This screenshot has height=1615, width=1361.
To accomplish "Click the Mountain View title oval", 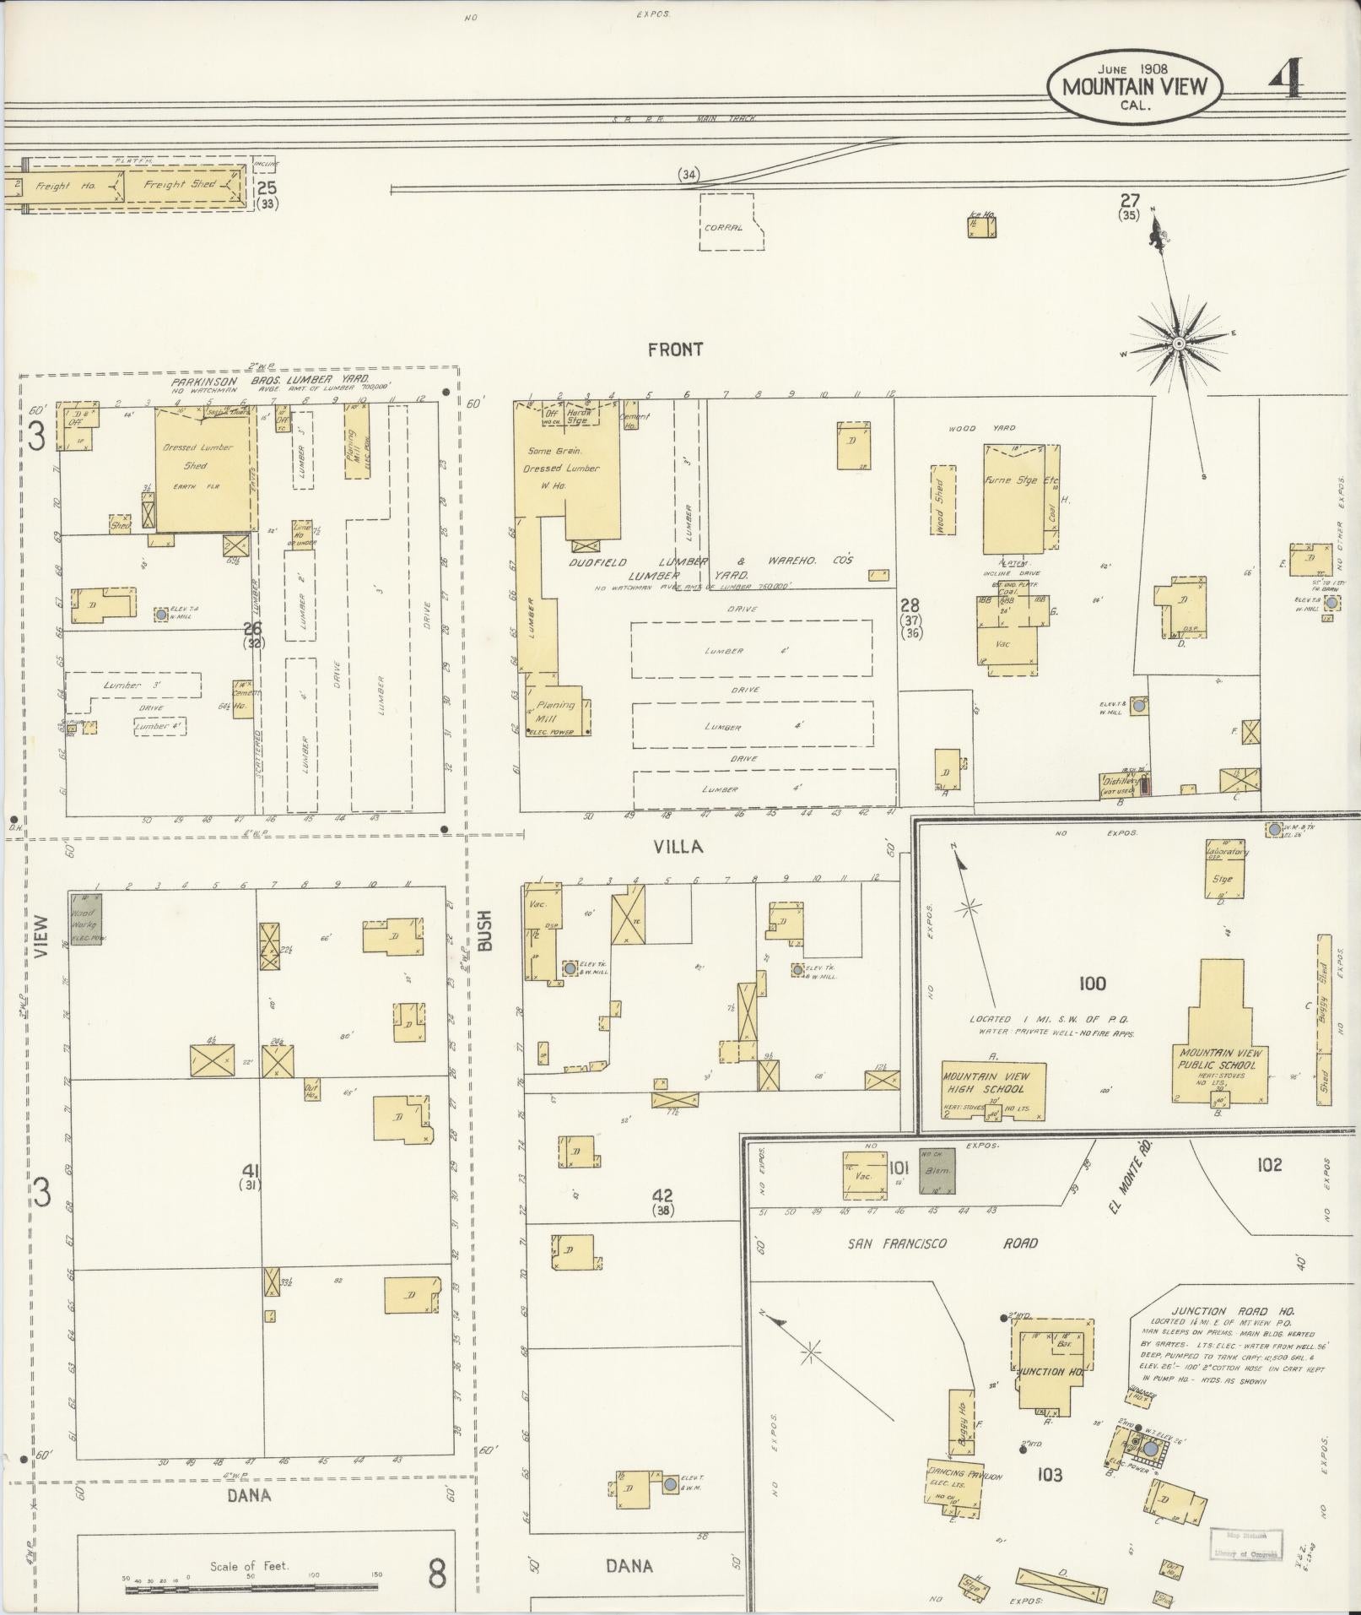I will pos(1133,87).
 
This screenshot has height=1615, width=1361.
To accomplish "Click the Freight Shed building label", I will pos(180,184).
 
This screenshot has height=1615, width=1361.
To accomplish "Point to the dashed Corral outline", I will pos(731,221).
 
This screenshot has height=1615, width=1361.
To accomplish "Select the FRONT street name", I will pos(675,350).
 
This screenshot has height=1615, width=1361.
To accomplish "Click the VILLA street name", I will pos(678,847).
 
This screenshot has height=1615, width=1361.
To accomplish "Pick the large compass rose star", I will pos(1178,344).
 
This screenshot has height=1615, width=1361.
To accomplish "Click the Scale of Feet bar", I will pos(253,1589).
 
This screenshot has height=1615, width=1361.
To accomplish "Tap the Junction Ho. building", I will pos(1052,1372).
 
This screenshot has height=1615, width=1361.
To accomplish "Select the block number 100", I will pos(1092,983).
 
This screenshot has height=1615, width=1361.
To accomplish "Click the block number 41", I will pos(250,1170).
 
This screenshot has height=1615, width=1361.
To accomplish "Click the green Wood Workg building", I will pos(85,919).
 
